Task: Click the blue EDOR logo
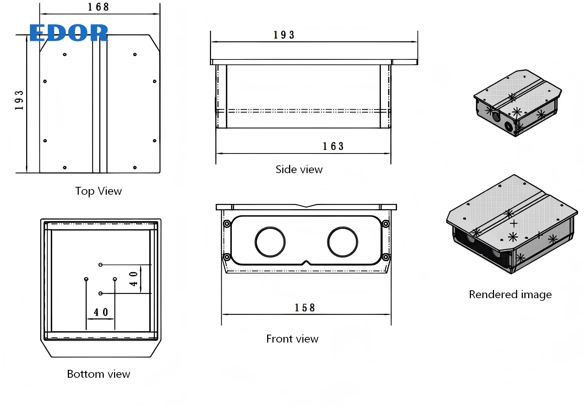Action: pyautogui.click(x=69, y=33)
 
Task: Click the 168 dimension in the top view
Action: pyautogui.click(x=98, y=7)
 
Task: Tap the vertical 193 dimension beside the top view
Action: pyautogui.click(x=19, y=100)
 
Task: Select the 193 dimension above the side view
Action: pyautogui.click(x=284, y=35)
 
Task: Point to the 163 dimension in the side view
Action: pyautogui.click(x=333, y=146)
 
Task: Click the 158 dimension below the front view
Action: pyautogui.click(x=305, y=308)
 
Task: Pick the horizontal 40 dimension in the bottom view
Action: pyautogui.click(x=101, y=312)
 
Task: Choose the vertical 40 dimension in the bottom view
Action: pyautogui.click(x=133, y=279)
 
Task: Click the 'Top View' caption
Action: pyautogui.click(x=99, y=191)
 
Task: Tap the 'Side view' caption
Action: pyautogui.click(x=299, y=169)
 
